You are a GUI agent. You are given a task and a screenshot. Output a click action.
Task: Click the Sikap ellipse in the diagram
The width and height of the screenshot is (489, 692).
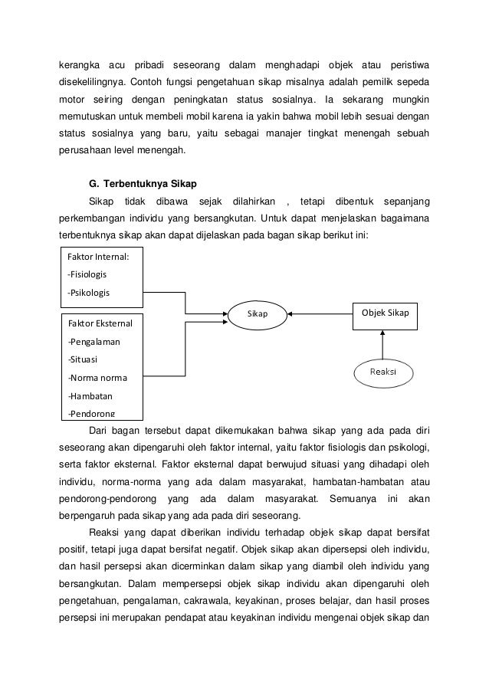[258, 313]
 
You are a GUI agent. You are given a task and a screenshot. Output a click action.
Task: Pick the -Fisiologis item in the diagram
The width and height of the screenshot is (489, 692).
[87, 274]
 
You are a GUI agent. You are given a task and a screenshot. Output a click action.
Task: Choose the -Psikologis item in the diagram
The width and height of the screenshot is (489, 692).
[89, 293]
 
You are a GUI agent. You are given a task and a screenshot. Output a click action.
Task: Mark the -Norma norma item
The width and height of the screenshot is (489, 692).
[97, 378]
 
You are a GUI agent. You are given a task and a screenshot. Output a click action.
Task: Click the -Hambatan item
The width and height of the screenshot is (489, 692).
[90, 396]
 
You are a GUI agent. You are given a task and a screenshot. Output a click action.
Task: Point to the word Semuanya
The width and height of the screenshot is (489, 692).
[352, 500]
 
